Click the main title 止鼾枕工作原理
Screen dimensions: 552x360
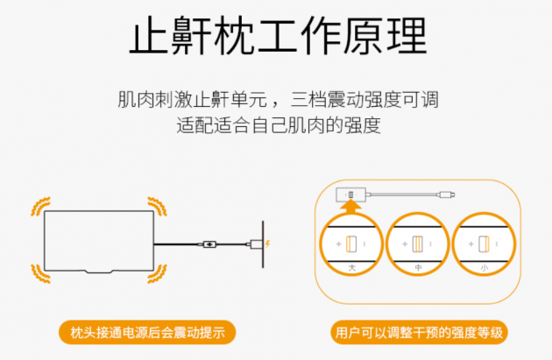[278, 36]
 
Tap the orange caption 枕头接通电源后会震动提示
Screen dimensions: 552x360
[147, 332]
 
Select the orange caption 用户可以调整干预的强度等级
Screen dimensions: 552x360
[419, 332]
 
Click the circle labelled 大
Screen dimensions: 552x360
[351, 244]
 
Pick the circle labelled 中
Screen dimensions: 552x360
[418, 244]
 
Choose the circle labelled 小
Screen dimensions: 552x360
[484, 244]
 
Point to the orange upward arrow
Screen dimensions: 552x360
[350, 207]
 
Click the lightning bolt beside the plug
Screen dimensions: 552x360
[267, 244]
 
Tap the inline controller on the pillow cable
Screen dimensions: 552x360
[210, 244]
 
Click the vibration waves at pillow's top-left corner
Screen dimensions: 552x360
[40, 206]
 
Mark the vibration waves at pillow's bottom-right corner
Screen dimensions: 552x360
[157, 274]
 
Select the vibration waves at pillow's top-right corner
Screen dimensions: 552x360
[157, 206]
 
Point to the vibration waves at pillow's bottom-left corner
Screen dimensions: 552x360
[40, 274]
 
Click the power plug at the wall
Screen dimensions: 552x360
[256, 244]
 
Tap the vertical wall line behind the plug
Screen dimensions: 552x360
[263, 244]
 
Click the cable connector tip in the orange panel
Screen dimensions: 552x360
[447, 194]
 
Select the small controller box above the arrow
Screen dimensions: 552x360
[351, 194]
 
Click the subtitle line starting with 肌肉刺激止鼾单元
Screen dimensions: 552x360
[278, 99]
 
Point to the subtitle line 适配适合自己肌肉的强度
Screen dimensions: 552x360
[279, 125]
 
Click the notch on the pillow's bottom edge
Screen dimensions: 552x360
[98, 272]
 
